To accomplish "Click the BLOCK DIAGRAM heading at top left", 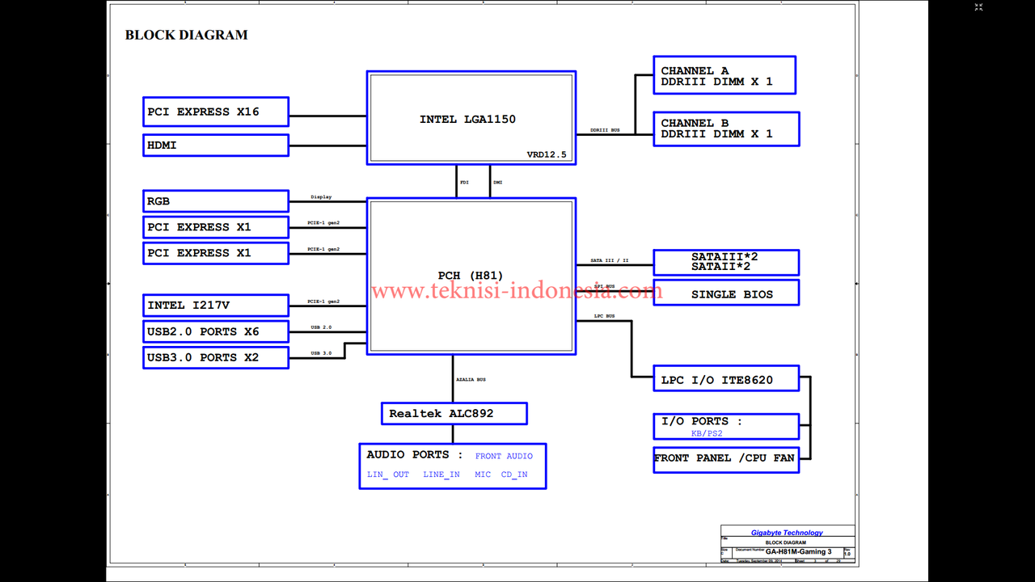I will [186, 35].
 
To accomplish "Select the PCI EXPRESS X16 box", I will [216, 112].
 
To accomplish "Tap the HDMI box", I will [216, 145].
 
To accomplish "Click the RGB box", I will [216, 201].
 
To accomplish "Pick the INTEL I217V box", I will [216, 306].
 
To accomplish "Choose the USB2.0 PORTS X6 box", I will [216, 331].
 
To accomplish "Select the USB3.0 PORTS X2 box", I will [216, 357].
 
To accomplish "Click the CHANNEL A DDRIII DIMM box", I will [724, 75].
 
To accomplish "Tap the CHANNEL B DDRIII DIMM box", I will [726, 129].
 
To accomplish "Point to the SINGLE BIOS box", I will [726, 293].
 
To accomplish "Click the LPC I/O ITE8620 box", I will [726, 379].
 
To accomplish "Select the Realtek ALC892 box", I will [454, 413].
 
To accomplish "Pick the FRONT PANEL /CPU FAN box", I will [726, 458].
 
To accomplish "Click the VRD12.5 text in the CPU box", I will [547, 154].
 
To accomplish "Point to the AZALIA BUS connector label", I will [471, 379].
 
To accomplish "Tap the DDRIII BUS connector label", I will [605, 130].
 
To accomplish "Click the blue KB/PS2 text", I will [707, 433].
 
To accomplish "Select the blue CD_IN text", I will [514, 474].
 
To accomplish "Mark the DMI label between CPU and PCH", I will [497, 183].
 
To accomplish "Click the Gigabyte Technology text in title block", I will [787, 533].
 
